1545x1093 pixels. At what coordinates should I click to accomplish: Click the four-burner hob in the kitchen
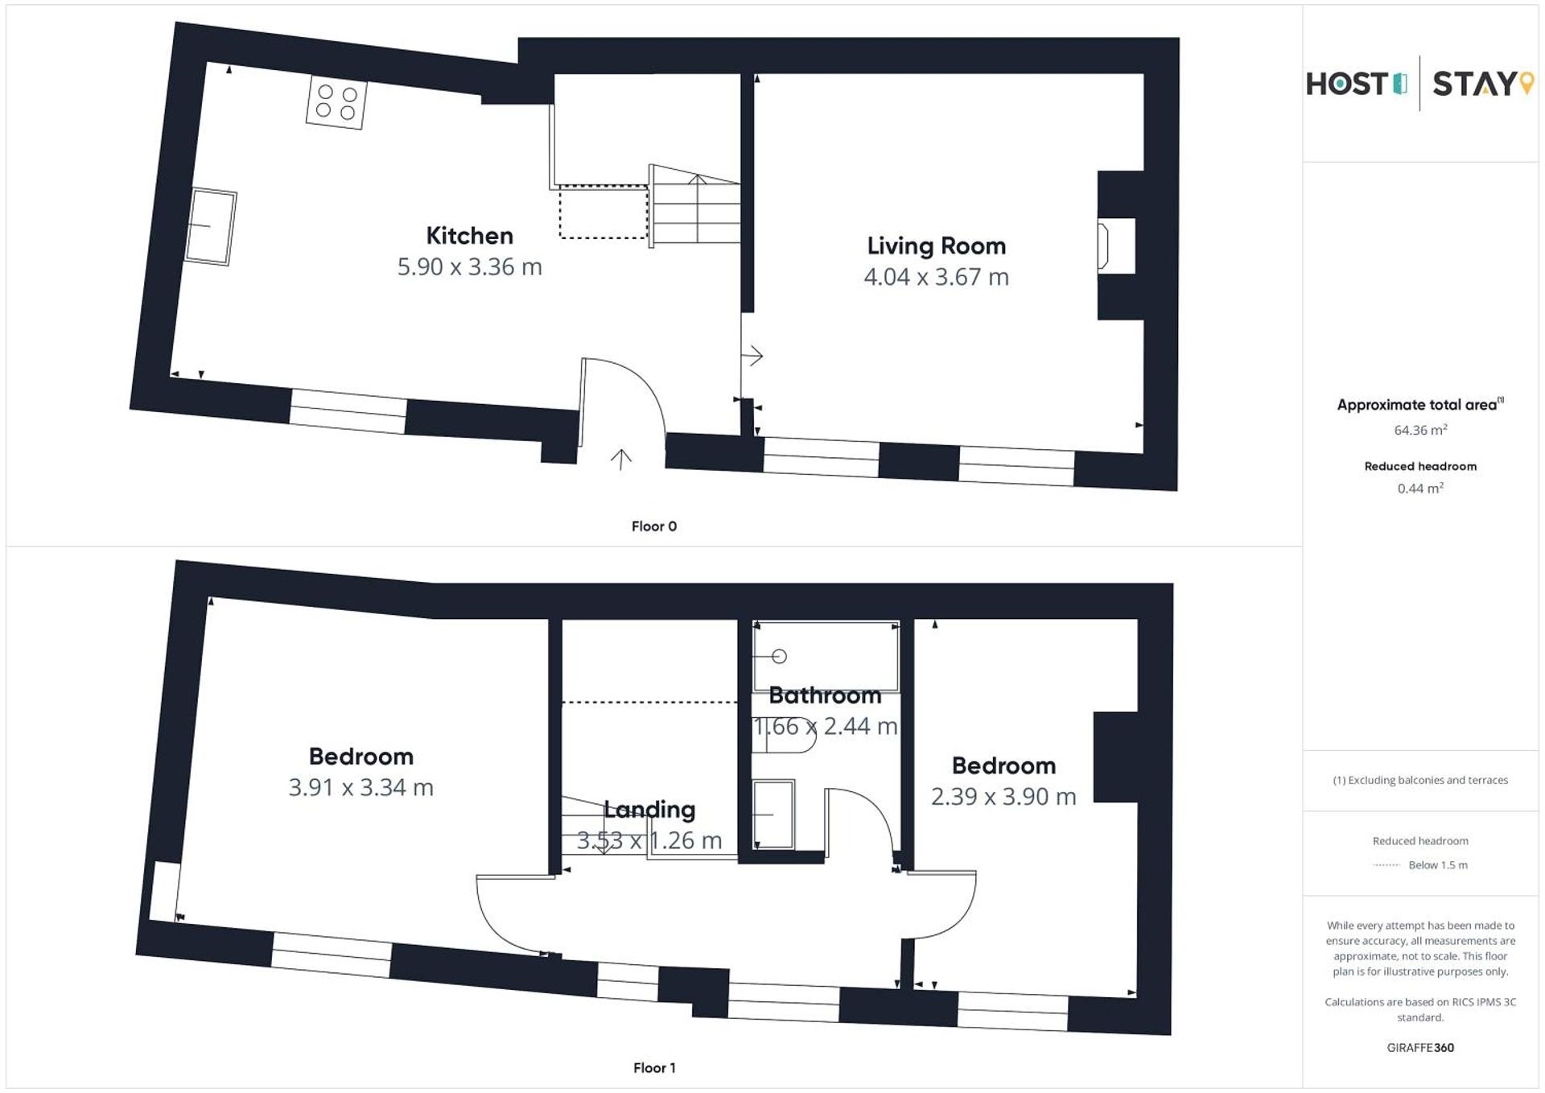(x=336, y=102)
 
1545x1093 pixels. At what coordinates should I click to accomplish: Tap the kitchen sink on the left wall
(x=211, y=226)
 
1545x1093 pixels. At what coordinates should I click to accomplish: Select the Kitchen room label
(x=469, y=236)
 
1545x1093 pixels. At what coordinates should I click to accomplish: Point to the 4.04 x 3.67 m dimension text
(x=936, y=277)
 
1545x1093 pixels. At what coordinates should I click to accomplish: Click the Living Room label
(x=936, y=245)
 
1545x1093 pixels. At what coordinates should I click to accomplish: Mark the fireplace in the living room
(x=1104, y=245)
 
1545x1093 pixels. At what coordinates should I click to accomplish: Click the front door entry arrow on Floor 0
(x=620, y=460)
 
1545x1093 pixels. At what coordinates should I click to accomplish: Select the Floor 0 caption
(x=653, y=526)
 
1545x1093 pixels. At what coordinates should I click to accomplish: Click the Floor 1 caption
(x=653, y=1068)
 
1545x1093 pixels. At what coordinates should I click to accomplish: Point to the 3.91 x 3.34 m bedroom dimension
(x=360, y=787)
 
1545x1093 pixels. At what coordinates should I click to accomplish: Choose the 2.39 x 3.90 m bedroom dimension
(x=1003, y=797)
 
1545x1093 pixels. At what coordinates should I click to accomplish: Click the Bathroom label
(x=825, y=695)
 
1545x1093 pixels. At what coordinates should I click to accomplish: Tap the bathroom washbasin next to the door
(x=773, y=815)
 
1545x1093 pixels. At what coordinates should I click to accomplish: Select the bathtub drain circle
(x=779, y=657)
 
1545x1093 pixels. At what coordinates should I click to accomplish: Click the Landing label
(x=649, y=810)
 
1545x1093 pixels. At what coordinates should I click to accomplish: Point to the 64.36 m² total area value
(x=1420, y=431)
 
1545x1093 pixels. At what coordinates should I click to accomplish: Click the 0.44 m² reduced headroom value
(x=1420, y=489)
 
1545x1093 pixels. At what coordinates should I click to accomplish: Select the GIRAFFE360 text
(x=1420, y=1048)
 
